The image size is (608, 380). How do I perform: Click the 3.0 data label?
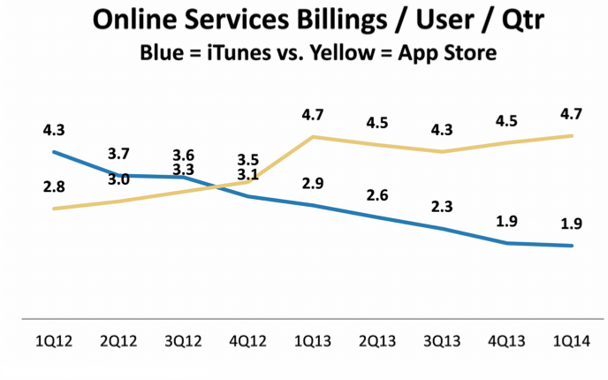click(x=119, y=179)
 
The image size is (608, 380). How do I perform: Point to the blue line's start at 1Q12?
click(x=55, y=151)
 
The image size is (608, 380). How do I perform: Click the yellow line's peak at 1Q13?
click(x=314, y=137)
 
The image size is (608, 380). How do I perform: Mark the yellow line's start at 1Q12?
click(x=55, y=209)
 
